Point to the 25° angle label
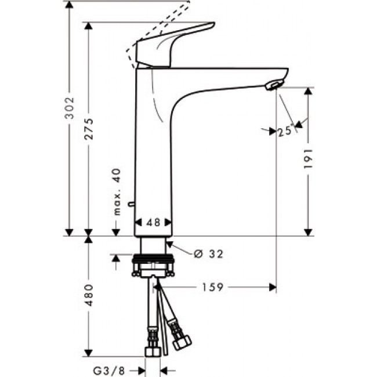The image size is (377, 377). coord(284,132)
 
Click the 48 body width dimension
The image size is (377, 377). coord(153,222)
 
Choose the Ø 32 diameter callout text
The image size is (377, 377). coord(208,253)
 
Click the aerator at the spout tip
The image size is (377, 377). coord(272,86)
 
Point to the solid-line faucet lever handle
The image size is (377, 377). coord(174,43)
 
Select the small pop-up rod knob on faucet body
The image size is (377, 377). coord(132,205)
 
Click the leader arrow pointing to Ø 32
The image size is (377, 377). coord(181,249)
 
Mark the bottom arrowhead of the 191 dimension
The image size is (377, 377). coord(308,233)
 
